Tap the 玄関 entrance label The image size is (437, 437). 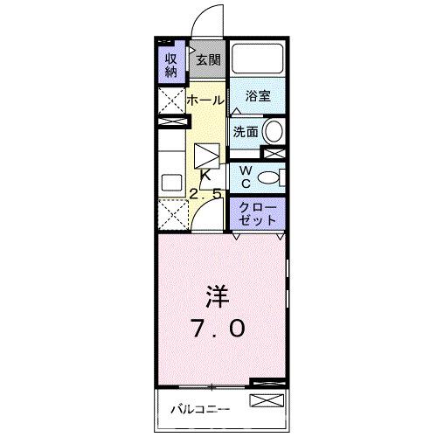coord(207,60)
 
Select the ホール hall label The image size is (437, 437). coord(206,101)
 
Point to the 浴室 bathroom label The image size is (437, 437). coord(258,98)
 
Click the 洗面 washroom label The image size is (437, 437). coord(245,132)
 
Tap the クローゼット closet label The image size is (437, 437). coord(258,212)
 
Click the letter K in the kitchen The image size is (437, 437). coord(206,176)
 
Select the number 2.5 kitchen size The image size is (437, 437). coord(206,193)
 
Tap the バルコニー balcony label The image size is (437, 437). coord(199,407)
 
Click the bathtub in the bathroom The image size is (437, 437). coord(258,60)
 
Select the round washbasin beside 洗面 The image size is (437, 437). coord(273,132)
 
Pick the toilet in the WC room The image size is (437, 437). coord(270,177)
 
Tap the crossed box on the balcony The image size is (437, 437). coord(267,402)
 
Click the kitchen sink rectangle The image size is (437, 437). coord(170,183)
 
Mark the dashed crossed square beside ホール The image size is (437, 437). coord(170,100)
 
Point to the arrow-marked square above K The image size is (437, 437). coord(206,156)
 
